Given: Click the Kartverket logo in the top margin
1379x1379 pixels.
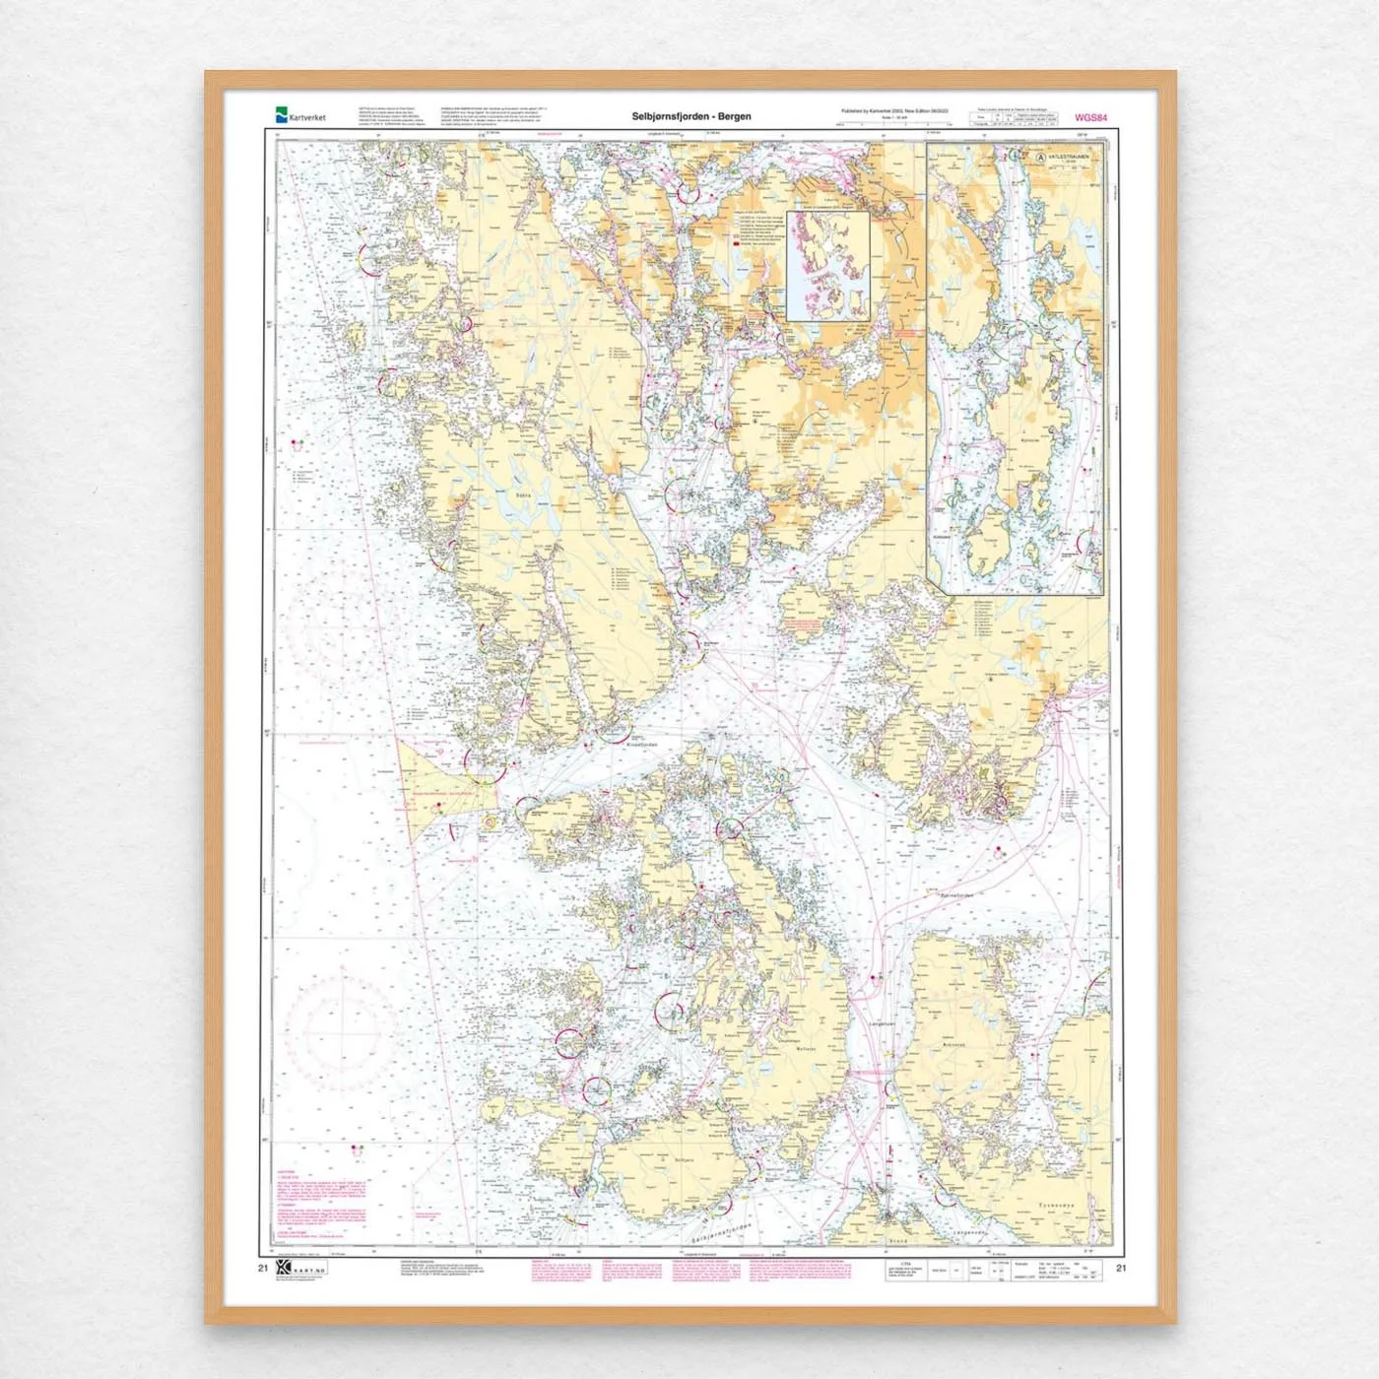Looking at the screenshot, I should click(299, 115).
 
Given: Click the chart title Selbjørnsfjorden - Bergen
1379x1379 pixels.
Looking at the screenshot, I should click(691, 116).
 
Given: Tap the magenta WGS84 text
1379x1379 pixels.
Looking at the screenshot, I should click(1091, 118).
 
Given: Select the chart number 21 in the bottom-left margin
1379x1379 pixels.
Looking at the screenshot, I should click(262, 1268).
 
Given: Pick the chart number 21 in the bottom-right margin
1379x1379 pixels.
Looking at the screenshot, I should click(1121, 1268).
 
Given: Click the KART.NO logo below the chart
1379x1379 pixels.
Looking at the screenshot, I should click(300, 1271).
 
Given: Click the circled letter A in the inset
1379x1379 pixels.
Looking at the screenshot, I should click(1040, 157).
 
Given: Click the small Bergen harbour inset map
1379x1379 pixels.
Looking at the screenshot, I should click(827, 266).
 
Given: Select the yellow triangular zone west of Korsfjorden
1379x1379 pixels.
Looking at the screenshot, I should click(433, 788).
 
